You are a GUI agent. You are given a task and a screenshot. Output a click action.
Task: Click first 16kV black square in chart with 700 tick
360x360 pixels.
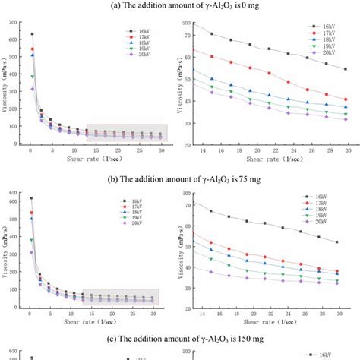tap(31, 34)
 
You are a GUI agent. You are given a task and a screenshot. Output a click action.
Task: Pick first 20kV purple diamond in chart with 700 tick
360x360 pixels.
tap(31, 90)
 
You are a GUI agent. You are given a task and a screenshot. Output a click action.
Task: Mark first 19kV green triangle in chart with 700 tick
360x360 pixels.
tap(31, 77)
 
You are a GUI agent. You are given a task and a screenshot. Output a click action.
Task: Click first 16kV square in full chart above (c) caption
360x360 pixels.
tap(31, 198)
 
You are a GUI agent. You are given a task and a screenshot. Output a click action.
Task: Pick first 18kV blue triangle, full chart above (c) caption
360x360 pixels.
tap(31, 219)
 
